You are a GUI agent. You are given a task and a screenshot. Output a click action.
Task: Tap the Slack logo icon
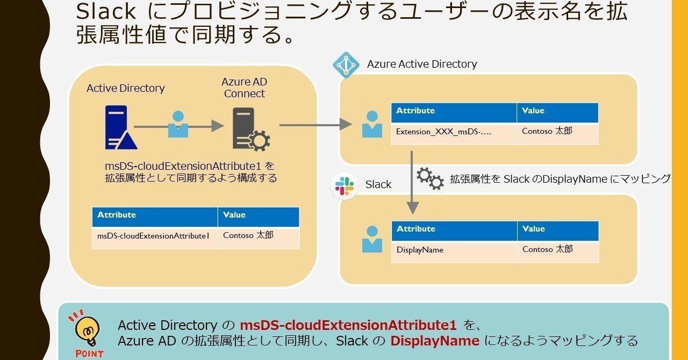click(x=345, y=186)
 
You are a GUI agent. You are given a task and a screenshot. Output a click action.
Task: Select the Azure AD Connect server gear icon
click(x=251, y=129)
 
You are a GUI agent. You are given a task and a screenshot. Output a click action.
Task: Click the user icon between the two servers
click(x=178, y=124)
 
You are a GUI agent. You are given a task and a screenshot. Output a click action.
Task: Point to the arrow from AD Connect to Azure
click(x=315, y=125)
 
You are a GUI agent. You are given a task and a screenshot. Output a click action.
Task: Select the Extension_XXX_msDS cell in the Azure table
click(x=453, y=132)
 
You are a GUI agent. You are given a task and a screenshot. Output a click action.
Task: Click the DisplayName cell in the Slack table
click(x=453, y=250)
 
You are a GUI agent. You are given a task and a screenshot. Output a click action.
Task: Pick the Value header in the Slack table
click(x=557, y=229)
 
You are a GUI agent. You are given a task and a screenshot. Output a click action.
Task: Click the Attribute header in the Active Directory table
click(x=154, y=215)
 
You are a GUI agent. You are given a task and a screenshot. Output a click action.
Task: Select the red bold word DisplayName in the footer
click(x=434, y=341)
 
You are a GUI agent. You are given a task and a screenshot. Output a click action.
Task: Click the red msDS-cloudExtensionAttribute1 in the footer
click(x=348, y=325)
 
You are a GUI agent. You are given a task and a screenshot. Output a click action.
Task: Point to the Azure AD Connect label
click(x=244, y=88)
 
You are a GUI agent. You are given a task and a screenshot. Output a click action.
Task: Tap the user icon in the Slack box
click(x=372, y=239)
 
